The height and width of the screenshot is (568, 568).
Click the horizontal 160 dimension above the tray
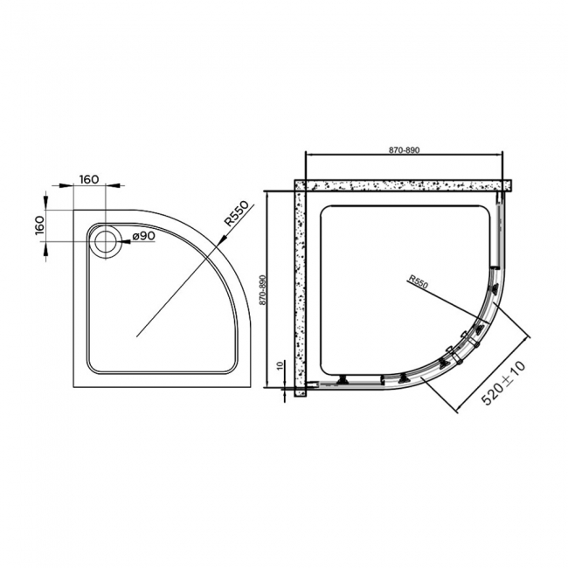click(x=88, y=179)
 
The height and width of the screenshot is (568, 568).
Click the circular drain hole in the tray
click(x=107, y=240)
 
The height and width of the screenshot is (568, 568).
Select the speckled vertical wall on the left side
click(x=300, y=288)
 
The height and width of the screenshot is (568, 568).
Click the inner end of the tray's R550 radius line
click(x=137, y=334)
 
